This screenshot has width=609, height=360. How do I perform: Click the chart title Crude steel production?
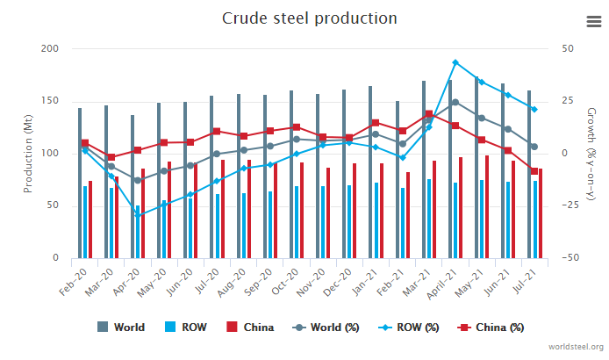coord(308,18)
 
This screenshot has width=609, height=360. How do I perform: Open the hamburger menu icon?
coord(593,22)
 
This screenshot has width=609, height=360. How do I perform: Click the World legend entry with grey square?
coord(121,328)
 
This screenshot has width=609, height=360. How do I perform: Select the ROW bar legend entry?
coord(187,328)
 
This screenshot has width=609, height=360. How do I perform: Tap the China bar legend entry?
coord(250,328)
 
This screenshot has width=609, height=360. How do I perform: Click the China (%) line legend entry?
coord(491,328)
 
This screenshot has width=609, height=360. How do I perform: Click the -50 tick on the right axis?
coord(571,258)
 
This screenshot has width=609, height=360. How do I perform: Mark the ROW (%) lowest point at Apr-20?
coord(137,215)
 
